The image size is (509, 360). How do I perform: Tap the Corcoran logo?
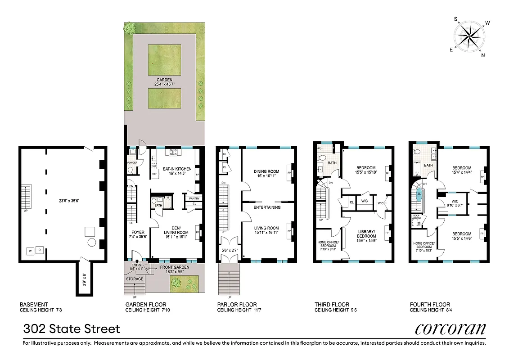point(450,328)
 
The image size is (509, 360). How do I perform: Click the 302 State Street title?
point(72,329)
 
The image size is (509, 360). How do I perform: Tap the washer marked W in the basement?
point(31,251)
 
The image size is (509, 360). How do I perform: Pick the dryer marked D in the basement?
point(40,249)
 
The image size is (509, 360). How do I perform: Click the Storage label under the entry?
point(135,279)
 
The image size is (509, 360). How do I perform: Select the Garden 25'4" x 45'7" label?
point(164,81)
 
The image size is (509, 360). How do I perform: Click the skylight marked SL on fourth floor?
point(419,195)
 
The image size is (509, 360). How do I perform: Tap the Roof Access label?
point(417,217)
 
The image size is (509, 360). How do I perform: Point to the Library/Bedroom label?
point(366,234)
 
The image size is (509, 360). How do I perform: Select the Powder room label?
point(132,163)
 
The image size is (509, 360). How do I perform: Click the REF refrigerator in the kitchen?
point(154,173)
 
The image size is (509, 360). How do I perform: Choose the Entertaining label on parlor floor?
point(267,207)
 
